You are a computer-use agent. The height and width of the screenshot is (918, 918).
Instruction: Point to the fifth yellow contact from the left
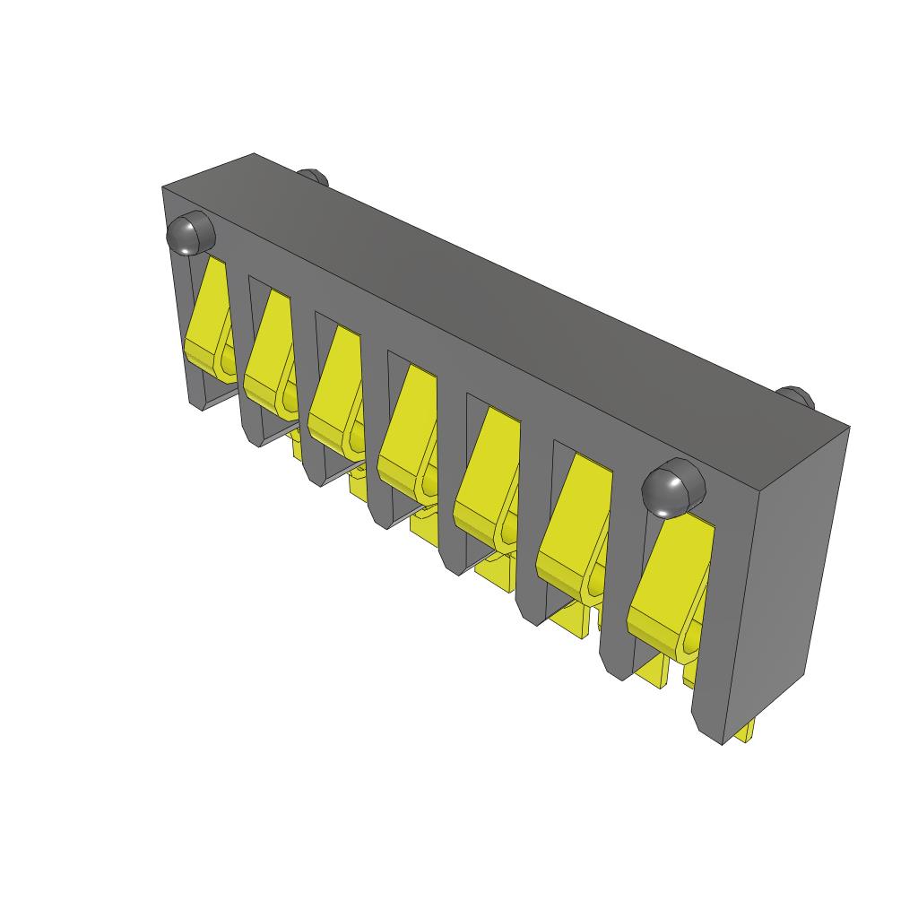(x=486, y=466)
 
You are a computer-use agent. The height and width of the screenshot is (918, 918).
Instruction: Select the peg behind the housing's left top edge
(x=313, y=176)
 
